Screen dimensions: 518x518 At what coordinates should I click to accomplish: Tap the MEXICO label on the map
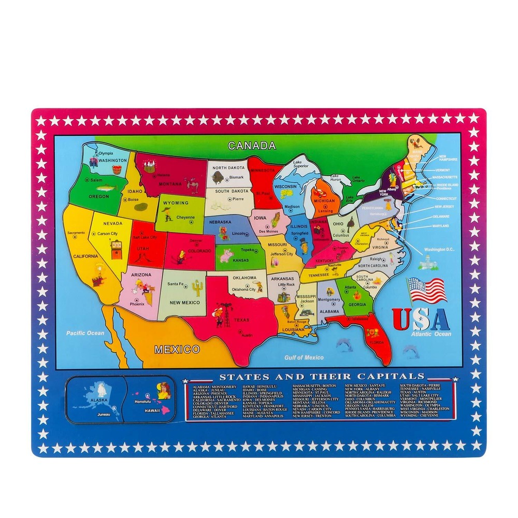click(177, 349)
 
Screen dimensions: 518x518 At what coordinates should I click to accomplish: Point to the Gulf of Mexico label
click(304, 357)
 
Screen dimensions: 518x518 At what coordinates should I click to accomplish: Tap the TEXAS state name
click(241, 320)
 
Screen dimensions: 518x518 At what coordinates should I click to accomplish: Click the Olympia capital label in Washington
click(105, 153)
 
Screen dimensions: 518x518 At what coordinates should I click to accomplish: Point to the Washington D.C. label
click(439, 249)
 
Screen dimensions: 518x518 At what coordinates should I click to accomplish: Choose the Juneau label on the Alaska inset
click(104, 414)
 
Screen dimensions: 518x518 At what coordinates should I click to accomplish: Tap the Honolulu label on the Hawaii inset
click(141, 401)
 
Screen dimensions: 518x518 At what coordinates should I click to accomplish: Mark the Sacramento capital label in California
click(76, 233)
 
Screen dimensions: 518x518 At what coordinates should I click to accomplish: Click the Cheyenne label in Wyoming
click(185, 218)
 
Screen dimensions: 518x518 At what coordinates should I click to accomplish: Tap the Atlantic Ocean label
click(431, 334)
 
